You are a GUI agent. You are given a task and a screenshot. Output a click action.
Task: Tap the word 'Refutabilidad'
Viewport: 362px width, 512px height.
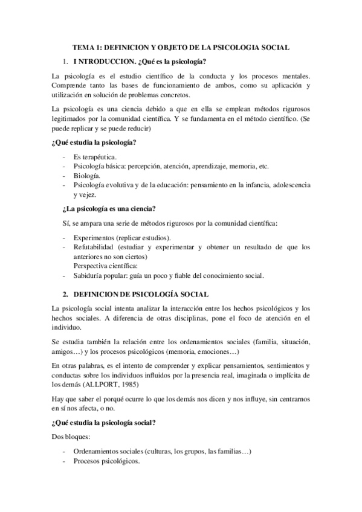tap(94, 248)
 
